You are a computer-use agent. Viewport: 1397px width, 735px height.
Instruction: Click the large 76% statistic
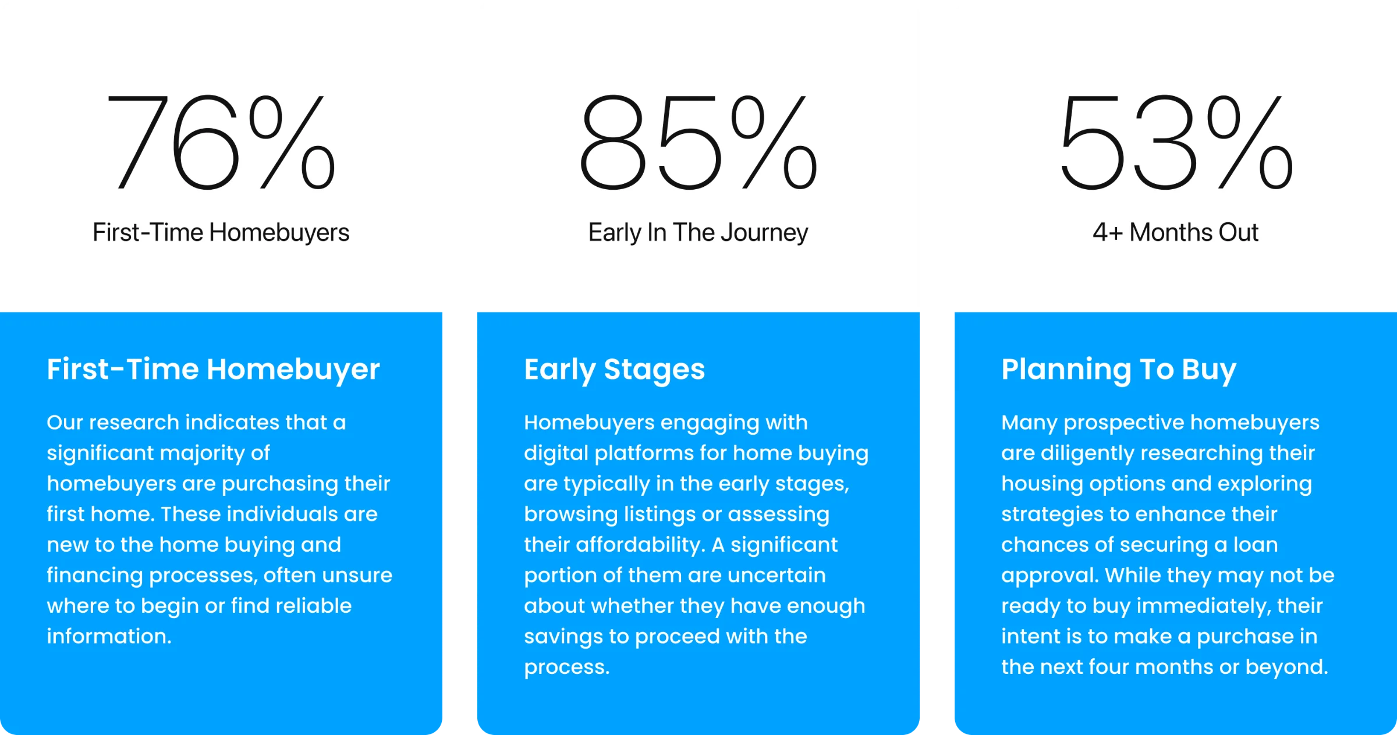221,143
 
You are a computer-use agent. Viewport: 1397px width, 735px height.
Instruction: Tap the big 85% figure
698,143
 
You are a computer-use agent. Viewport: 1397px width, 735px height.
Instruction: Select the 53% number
1176,143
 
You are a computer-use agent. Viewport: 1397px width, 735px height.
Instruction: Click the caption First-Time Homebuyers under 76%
221,233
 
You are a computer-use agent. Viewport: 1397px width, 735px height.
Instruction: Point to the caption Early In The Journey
698,233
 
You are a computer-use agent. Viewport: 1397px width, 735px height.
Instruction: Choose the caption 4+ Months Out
1175,232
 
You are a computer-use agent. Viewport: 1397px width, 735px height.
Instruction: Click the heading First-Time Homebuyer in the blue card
213,370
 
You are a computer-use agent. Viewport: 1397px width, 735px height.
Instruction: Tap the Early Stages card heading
614,370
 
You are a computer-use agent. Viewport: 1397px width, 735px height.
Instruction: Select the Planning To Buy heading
1119,370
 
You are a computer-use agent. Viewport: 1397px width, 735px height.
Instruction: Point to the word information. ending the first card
109,636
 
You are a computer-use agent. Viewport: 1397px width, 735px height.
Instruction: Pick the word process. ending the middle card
567,667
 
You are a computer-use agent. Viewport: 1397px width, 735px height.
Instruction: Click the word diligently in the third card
1087,453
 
